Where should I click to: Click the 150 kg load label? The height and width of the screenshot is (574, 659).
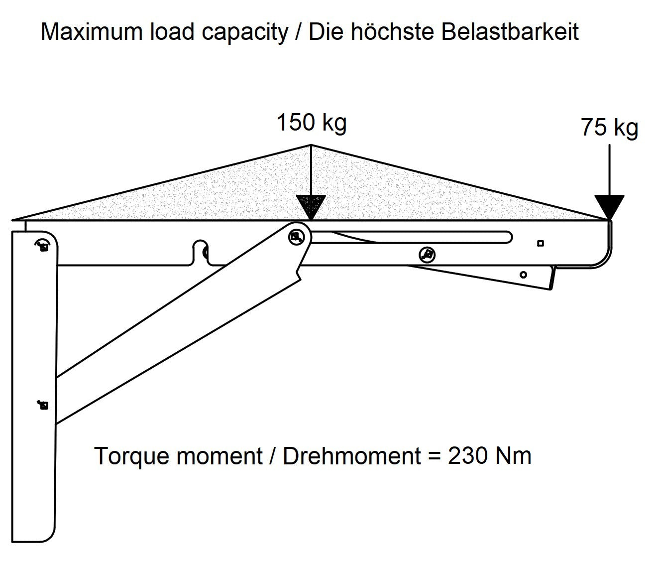coord(311,123)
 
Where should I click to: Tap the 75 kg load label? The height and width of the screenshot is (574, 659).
coord(609,128)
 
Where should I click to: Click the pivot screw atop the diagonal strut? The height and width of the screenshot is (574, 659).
coord(297,237)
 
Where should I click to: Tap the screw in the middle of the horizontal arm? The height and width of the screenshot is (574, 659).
coord(427,255)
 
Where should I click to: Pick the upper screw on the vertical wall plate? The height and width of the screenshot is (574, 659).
coord(43,246)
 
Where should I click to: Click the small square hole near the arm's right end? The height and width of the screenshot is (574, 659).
coord(541,243)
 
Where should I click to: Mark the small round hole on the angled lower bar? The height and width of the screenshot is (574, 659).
coord(523,275)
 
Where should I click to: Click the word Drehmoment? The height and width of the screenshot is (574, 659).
coord(352,456)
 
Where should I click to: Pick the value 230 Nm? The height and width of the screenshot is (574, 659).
coord(489,456)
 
